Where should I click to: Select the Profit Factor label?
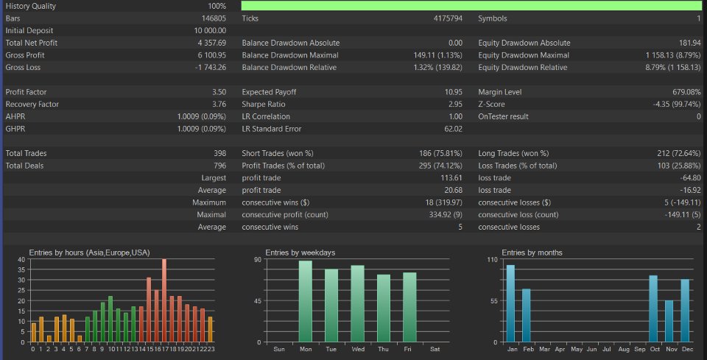pos(25,92)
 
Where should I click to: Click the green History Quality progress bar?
pos(471,6)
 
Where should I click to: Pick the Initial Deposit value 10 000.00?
pos(210,31)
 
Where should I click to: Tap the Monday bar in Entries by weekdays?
pos(306,302)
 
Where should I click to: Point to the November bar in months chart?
pos(669,321)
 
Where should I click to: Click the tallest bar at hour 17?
pos(164,300)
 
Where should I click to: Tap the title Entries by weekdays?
pos(300,253)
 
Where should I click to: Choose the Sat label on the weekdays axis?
pos(436,349)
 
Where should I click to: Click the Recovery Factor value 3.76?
pos(218,105)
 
